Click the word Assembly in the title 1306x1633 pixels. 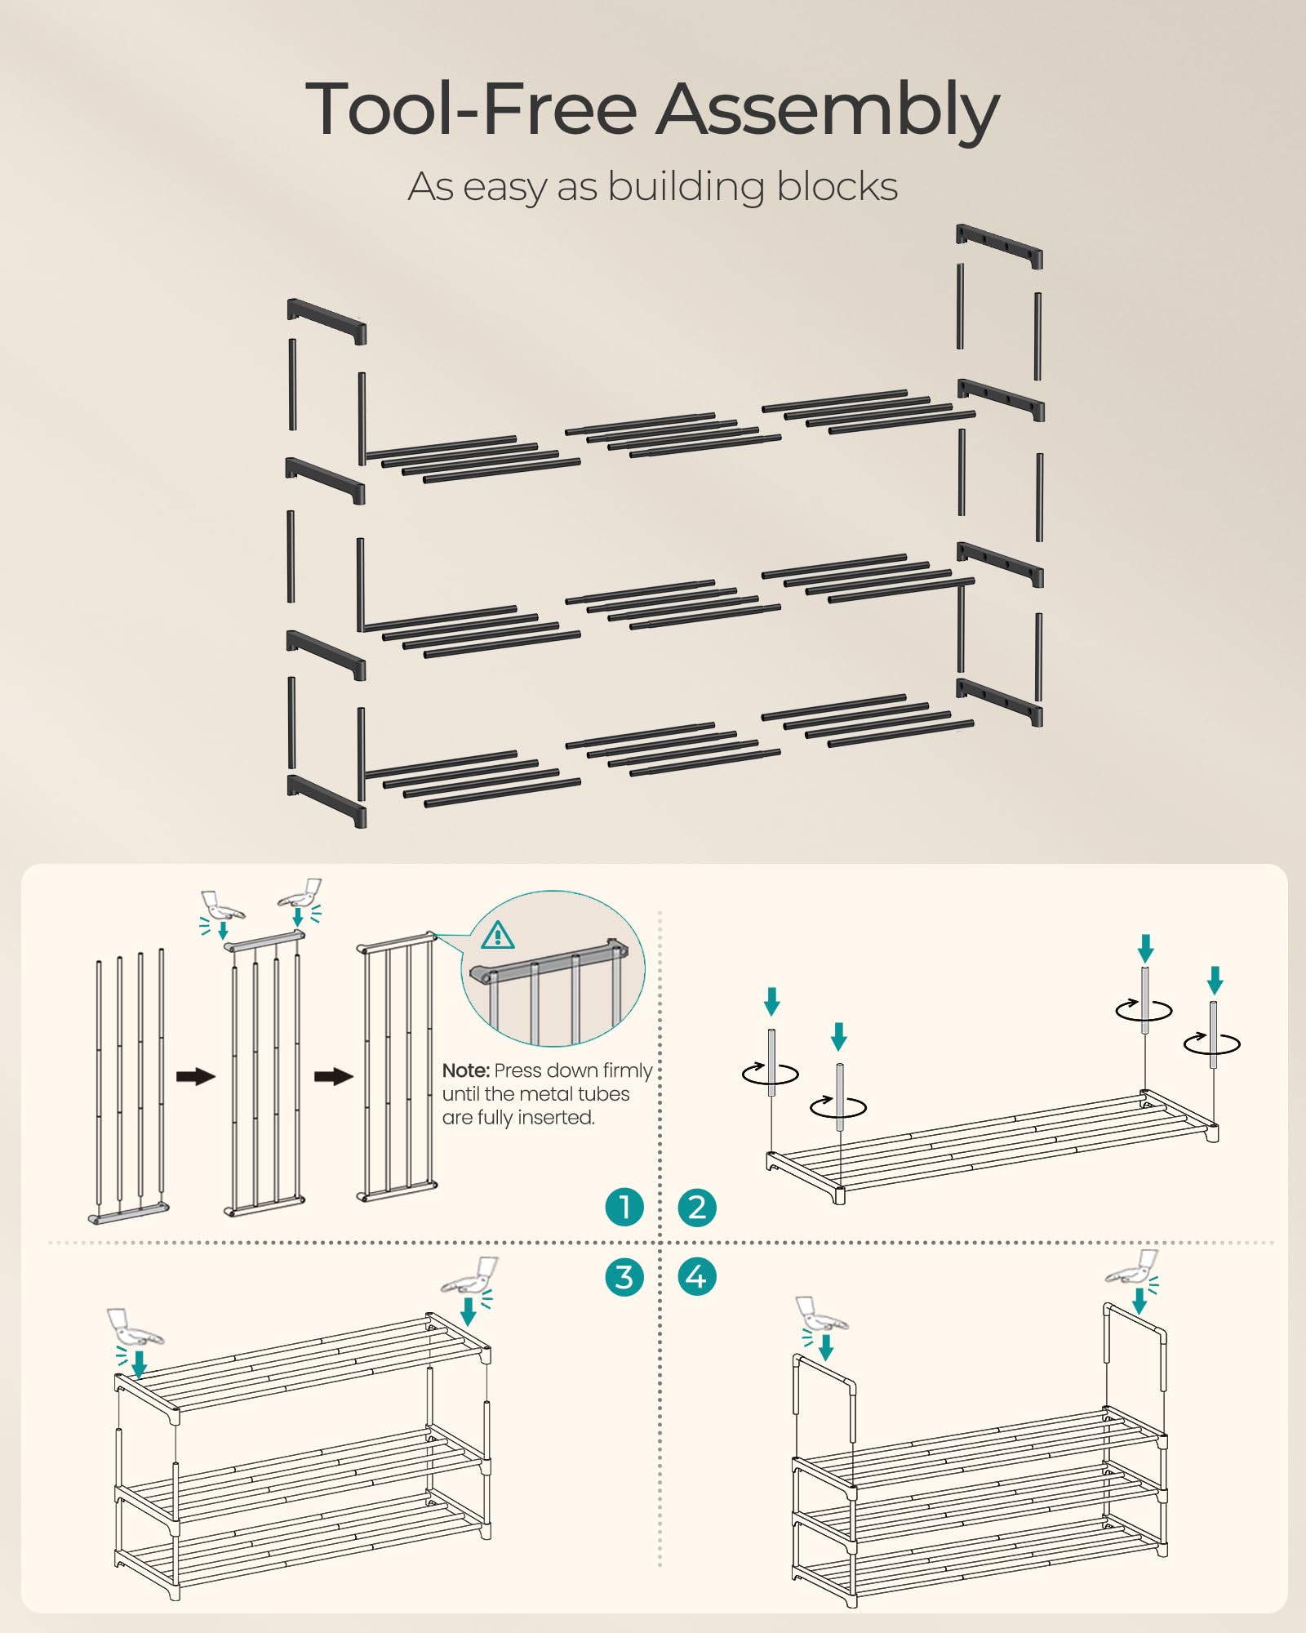(828, 110)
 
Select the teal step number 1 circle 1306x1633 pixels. (624, 1207)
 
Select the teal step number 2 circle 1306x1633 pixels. (697, 1207)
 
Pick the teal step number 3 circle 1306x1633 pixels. (624, 1277)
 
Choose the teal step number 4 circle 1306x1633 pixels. (697, 1277)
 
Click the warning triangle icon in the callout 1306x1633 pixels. (498, 935)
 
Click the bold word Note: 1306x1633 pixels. (465, 1070)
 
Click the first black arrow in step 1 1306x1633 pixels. (196, 1076)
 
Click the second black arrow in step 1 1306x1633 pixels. (334, 1076)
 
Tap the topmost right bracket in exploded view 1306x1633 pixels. (1000, 246)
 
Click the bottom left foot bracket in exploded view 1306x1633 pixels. (326, 800)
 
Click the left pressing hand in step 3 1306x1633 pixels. (135, 1329)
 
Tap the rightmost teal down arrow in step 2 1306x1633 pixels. (1215, 980)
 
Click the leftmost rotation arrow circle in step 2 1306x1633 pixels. (771, 1073)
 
